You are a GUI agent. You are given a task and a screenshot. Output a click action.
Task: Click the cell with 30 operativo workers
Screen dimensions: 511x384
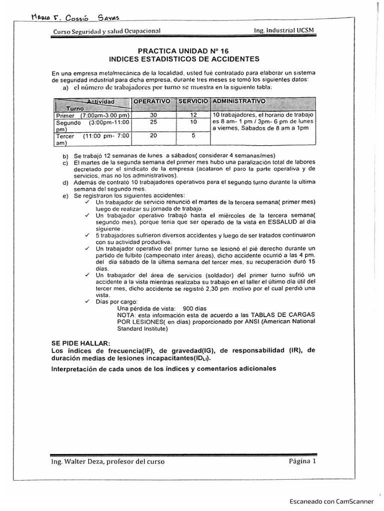click(x=153, y=115)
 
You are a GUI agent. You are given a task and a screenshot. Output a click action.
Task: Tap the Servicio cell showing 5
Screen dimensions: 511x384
click(x=193, y=135)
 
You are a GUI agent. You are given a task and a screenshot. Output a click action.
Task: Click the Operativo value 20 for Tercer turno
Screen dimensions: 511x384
click(x=153, y=135)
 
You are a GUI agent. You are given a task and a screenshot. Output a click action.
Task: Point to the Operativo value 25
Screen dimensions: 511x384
click(x=153, y=122)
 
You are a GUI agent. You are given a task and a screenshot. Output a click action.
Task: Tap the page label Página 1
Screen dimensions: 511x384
click(x=302, y=461)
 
